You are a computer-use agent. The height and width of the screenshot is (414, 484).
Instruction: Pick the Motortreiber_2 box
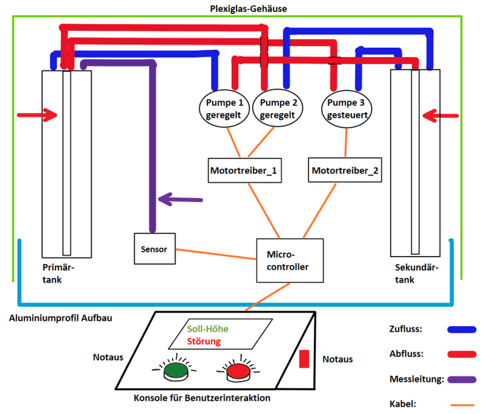point(345,171)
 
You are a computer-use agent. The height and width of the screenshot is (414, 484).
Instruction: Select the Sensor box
point(154,248)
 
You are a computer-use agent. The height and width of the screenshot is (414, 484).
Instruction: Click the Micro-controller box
point(286,260)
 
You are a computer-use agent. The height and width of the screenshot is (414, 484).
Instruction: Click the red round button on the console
point(238,371)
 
